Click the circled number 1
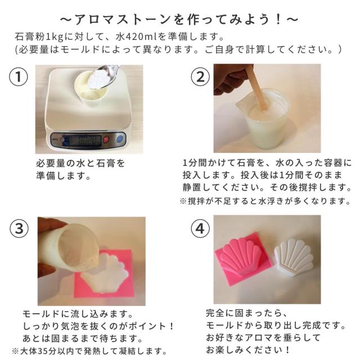pyautogui.click(x=19, y=76)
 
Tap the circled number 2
pyautogui.click(x=200, y=76)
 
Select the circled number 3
pyautogui.click(x=19, y=229)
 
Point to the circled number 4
pyautogui.click(x=200, y=229)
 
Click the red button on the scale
pyautogui.click(x=106, y=139)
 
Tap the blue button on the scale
pyautogui.click(x=120, y=139)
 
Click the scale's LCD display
pyautogui.click(x=85, y=140)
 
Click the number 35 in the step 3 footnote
pyautogui.click(x=43, y=351)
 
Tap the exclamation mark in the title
pyautogui.click(x=278, y=20)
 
